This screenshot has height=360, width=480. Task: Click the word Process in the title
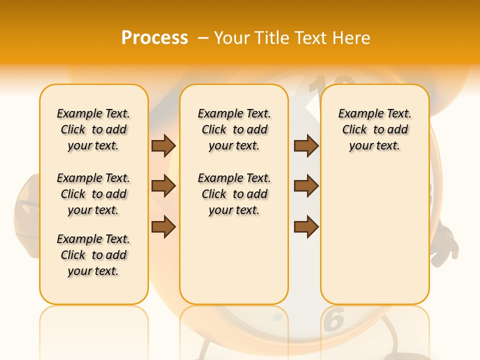(x=154, y=38)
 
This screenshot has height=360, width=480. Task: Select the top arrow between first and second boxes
(x=163, y=146)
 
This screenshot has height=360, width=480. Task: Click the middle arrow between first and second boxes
(x=163, y=186)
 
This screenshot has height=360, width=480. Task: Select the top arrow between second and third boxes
(x=306, y=146)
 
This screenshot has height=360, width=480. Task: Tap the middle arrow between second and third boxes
(x=306, y=186)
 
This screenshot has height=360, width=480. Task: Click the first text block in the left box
(x=93, y=129)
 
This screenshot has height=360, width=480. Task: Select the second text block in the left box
(x=93, y=194)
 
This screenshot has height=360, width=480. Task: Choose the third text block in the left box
(x=93, y=255)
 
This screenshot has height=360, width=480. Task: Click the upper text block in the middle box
(x=234, y=129)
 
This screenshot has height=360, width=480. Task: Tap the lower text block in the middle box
(x=234, y=194)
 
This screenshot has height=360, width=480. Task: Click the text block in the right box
(x=375, y=129)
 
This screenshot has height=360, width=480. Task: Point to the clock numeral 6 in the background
(x=334, y=320)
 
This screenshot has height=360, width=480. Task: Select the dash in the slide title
(x=203, y=38)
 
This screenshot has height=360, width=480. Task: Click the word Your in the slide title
(x=232, y=38)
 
